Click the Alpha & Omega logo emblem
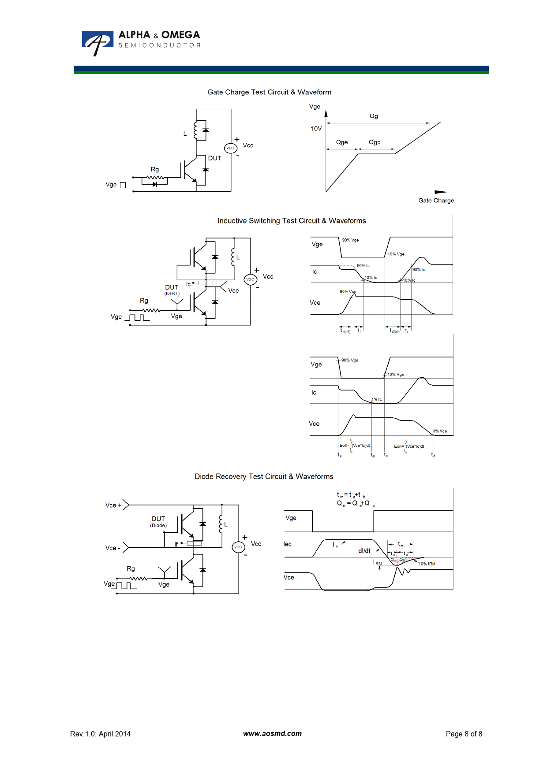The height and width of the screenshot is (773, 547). click(97, 42)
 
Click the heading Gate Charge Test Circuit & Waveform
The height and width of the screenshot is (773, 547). click(269, 92)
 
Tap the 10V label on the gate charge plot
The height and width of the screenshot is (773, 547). click(316, 129)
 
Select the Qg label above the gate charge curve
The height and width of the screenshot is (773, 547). click(374, 116)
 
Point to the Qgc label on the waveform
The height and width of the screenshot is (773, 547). click(375, 142)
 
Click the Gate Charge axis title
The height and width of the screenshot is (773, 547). click(436, 201)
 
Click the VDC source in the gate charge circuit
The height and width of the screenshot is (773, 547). click(230, 148)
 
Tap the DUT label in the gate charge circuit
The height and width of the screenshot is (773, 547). click(215, 158)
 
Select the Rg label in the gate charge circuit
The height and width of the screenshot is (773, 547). click(154, 169)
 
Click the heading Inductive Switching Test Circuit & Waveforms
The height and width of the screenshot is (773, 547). click(292, 221)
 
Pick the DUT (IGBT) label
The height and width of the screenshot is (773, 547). click(172, 290)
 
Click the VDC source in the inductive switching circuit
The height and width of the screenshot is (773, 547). click(250, 279)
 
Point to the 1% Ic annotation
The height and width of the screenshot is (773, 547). click(377, 399)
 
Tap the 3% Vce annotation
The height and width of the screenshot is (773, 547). click(440, 431)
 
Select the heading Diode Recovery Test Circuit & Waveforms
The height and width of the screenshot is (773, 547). click(264, 476)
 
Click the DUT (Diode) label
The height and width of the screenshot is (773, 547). click(158, 521)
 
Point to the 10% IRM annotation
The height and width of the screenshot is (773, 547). click(427, 564)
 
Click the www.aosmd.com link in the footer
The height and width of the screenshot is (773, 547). click(272, 734)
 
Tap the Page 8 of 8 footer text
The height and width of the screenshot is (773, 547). click(464, 734)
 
